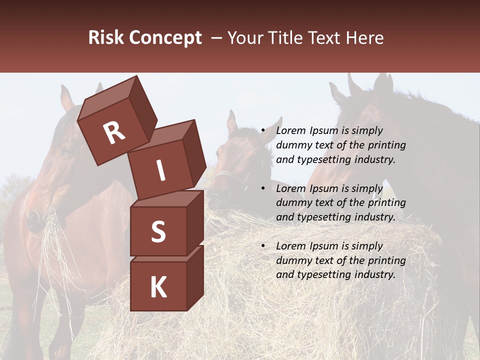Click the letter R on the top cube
point(114,132)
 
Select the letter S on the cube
point(158,231)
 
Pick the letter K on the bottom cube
point(158,287)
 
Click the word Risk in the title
point(106,37)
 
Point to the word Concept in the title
point(165,38)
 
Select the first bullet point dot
point(263,131)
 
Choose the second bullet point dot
point(263,189)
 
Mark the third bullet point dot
point(263,246)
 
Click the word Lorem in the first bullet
point(290,131)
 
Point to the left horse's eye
point(65,150)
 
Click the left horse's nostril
point(33,217)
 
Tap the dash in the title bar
point(217,38)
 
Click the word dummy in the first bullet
point(293,145)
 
